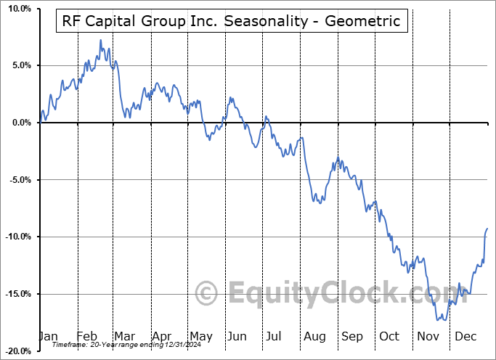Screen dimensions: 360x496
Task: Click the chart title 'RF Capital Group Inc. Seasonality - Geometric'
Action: click(231, 21)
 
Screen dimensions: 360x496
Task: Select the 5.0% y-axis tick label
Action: click(20, 65)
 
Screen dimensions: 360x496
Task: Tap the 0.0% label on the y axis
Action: click(20, 123)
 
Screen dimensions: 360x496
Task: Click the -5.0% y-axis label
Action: click(18, 180)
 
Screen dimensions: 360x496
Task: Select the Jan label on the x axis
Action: click(48, 336)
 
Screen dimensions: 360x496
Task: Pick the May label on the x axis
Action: click(201, 336)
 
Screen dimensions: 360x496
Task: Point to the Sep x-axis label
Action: click(352, 336)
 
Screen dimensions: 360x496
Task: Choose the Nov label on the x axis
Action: click(428, 336)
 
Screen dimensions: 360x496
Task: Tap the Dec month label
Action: click(465, 336)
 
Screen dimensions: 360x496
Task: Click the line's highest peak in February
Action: click(100, 40)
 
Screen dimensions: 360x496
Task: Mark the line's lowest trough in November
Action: click(438, 319)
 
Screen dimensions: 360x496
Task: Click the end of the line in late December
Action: click(487, 229)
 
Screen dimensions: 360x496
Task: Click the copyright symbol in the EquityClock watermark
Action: click(208, 293)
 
